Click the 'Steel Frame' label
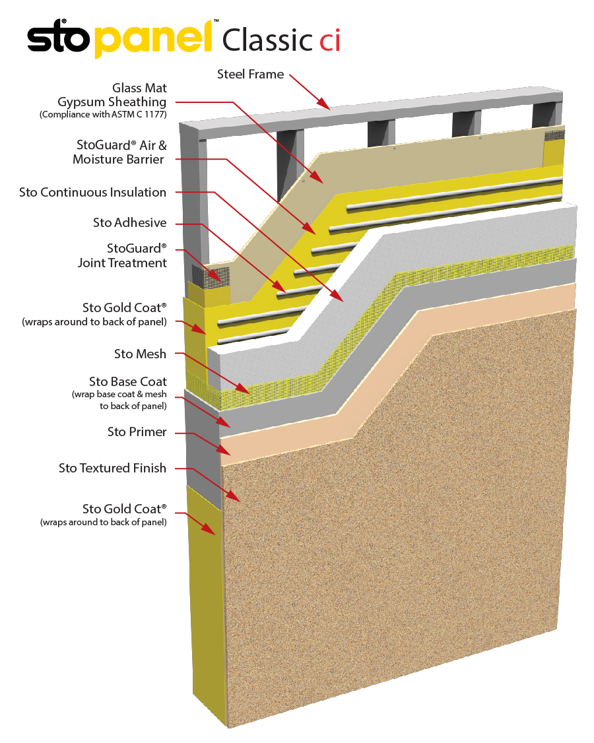[250, 74]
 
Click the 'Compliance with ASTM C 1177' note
[103, 115]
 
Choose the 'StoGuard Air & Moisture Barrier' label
[119, 152]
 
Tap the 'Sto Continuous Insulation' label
[92, 192]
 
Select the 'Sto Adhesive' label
[129, 222]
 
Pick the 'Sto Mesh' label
[140, 354]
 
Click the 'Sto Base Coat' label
[128, 381]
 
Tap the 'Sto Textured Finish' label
[112, 468]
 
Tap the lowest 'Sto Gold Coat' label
[124, 509]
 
